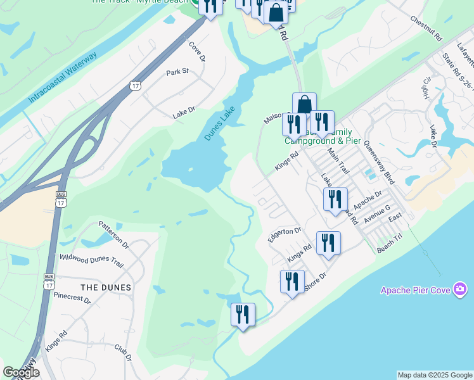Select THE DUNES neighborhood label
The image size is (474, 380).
coord(106,288)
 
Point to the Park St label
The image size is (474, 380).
coord(178,72)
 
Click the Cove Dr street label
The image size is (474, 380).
coord(198,51)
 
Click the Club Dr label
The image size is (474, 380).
coord(123,353)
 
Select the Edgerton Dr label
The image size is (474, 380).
coord(285,232)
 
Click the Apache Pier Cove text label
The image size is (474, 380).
coord(415,290)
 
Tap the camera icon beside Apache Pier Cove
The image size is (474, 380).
coord(461,290)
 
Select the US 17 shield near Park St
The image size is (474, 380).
coord(135,85)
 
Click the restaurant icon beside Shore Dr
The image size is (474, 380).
coord(292,281)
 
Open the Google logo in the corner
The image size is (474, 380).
coord(21,372)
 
